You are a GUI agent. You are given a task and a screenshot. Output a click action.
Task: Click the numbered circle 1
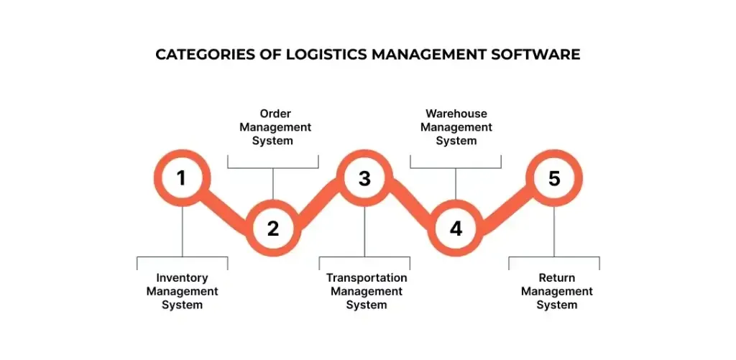click(x=182, y=177)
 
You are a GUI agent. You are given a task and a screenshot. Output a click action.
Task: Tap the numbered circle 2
click(x=273, y=229)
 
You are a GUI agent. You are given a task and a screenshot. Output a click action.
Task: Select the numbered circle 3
click(x=364, y=177)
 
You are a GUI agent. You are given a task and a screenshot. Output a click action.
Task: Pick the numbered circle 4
click(x=456, y=229)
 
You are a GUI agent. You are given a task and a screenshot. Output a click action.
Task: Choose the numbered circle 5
click(x=554, y=177)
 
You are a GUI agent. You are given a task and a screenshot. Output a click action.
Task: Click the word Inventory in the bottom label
click(x=182, y=278)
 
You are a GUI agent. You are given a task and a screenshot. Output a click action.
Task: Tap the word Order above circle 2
click(x=275, y=114)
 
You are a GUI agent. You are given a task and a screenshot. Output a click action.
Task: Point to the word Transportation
click(x=367, y=278)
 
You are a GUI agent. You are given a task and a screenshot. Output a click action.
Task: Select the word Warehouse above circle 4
click(x=456, y=114)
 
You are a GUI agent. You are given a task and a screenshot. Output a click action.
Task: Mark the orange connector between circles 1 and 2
click(x=227, y=203)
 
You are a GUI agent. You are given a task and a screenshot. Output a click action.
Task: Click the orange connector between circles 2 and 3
click(x=318, y=203)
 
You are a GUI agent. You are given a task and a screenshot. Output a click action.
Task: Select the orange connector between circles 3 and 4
click(x=410, y=203)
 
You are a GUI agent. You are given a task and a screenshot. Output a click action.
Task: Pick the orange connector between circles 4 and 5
click(x=505, y=203)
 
